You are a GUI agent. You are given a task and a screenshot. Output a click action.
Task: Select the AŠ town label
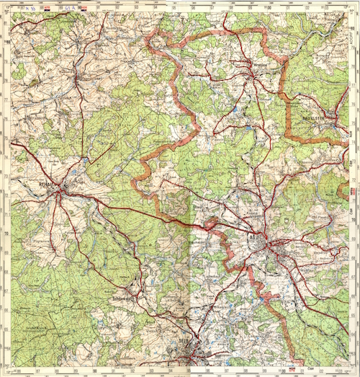point(253,236)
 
